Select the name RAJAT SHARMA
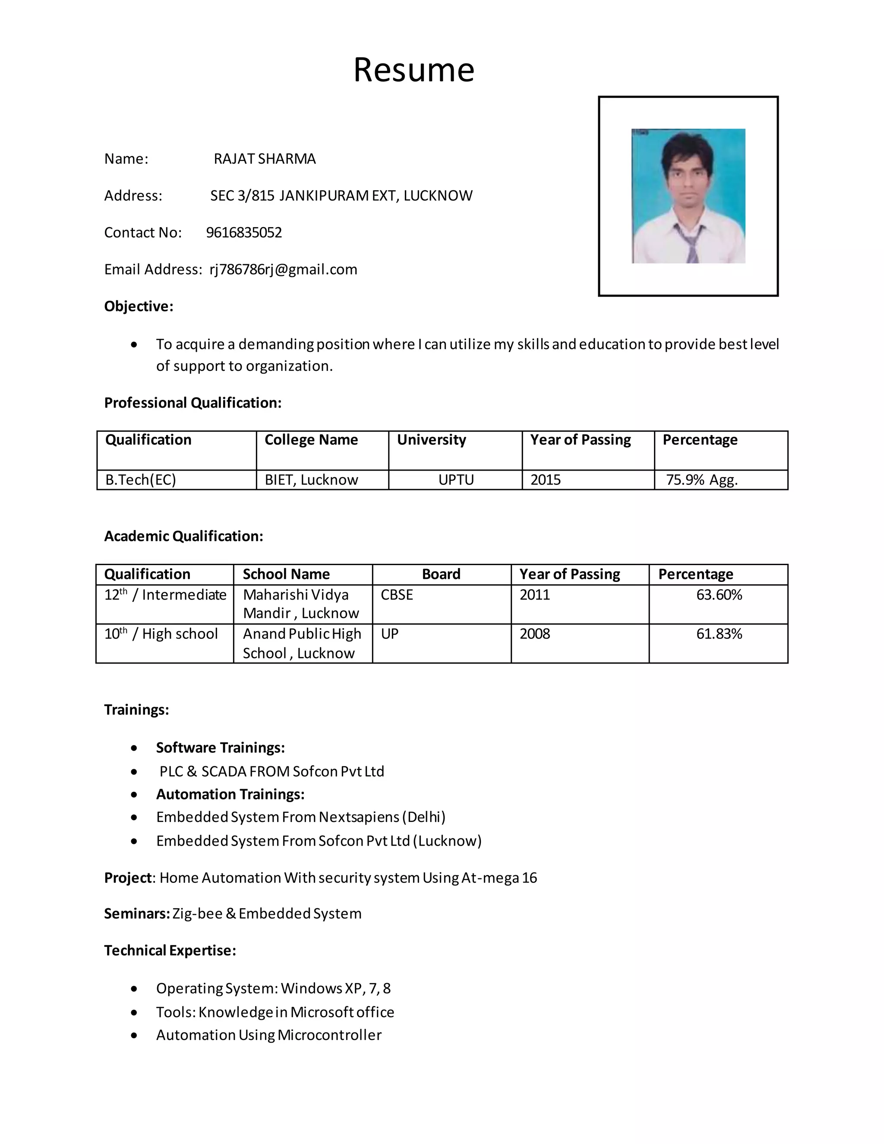pos(265,159)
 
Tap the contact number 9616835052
pos(243,233)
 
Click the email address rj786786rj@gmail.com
pos(283,269)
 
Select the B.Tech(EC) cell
pos(140,480)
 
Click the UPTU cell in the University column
pos(456,480)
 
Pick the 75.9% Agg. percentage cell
pos(701,480)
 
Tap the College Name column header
pos(311,440)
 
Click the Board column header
pos(441,574)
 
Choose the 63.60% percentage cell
pos(719,595)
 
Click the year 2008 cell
pos(534,634)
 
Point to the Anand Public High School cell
pos(302,643)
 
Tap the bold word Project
pos(128,878)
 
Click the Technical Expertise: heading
pos(170,951)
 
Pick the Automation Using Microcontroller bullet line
pos(268,1035)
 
